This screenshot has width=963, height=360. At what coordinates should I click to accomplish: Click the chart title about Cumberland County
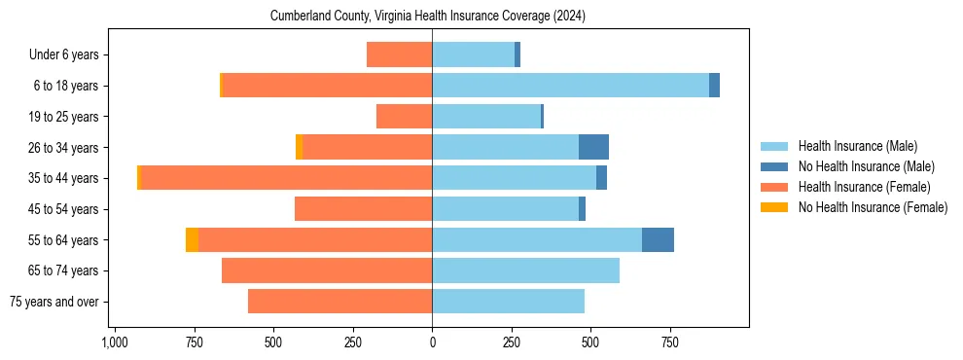click(x=427, y=16)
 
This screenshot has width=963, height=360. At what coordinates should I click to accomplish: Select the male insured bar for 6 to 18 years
click(x=570, y=86)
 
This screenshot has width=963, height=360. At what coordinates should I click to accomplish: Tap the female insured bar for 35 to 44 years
click(x=286, y=178)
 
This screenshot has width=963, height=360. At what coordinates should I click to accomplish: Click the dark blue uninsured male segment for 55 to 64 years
click(x=658, y=239)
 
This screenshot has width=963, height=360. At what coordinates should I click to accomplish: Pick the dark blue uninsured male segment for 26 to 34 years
click(x=593, y=147)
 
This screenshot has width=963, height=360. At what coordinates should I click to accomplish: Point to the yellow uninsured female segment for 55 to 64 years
click(x=192, y=239)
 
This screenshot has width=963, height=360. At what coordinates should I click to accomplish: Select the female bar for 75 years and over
click(x=339, y=302)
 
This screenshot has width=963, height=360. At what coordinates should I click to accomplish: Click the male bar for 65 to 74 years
click(x=525, y=270)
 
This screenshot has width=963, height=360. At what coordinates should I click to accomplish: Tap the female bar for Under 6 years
click(x=399, y=54)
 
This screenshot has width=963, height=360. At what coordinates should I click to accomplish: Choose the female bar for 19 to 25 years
click(x=404, y=117)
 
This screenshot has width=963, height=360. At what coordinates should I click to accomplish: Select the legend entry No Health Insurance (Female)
click(x=873, y=207)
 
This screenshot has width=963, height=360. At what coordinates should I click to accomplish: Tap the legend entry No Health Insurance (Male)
click(x=866, y=166)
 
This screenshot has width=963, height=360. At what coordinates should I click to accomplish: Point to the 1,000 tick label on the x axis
click(x=114, y=342)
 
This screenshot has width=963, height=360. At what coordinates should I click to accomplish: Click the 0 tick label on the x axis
click(x=432, y=342)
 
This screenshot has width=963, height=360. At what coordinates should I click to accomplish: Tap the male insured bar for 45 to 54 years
click(x=505, y=209)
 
